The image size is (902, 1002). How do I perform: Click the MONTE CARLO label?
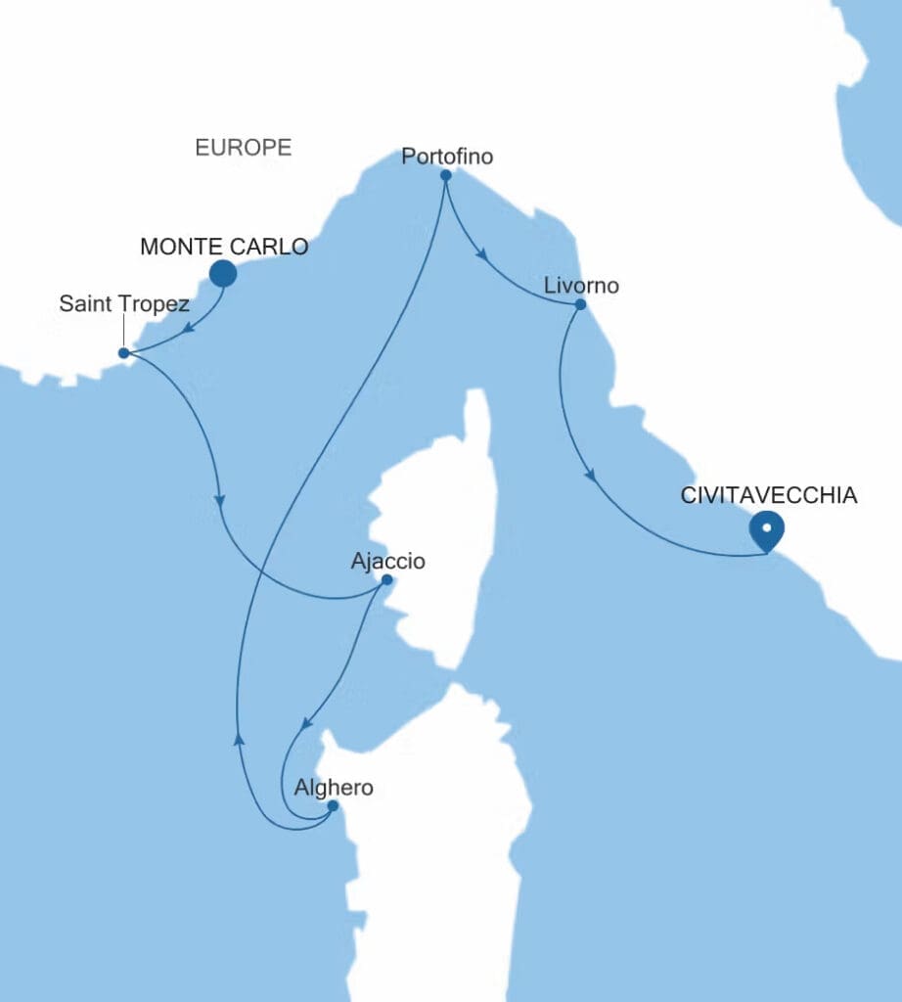click(224, 247)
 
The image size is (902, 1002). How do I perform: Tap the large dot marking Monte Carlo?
click(223, 274)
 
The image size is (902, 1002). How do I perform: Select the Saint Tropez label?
click(124, 303)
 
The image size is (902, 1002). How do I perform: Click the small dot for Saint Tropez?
click(123, 352)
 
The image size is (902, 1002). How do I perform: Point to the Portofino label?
click(448, 156)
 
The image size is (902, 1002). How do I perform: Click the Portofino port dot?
click(445, 176)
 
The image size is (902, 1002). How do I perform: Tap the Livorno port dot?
click(580, 304)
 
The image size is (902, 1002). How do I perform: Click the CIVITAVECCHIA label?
click(769, 496)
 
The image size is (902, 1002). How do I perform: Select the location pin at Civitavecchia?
click(767, 529)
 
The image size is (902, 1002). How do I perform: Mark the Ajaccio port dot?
click(386, 579)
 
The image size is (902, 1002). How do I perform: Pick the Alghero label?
click(334, 787)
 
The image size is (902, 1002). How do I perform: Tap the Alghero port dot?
click(333, 806)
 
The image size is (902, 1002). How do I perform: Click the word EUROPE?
click(243, 148)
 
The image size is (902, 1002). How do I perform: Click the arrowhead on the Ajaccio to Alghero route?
click(306, 727)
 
